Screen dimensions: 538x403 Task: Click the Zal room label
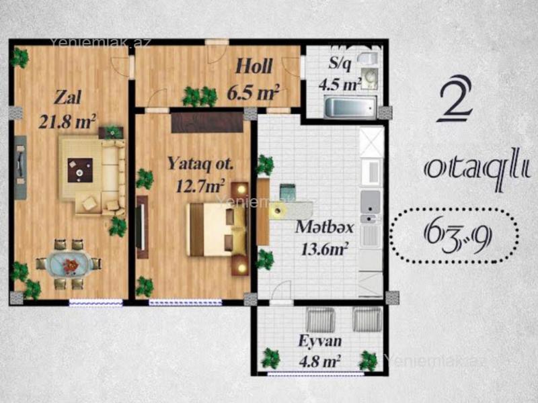68,97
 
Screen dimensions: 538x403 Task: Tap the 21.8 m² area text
67,121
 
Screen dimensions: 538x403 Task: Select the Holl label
254,66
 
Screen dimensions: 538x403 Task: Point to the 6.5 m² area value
253,92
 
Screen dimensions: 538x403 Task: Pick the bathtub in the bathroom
350,107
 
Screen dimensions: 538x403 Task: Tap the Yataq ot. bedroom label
200,163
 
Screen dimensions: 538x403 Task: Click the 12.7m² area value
200,186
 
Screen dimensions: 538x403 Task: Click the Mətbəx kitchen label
324,227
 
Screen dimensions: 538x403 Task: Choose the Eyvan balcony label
320,341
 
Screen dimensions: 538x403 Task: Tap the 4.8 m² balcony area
319,361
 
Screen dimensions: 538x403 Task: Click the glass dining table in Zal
69,264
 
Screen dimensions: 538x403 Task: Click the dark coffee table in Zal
80,170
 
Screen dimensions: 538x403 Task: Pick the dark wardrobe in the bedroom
207,122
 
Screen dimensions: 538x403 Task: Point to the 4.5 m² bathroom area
340,84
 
